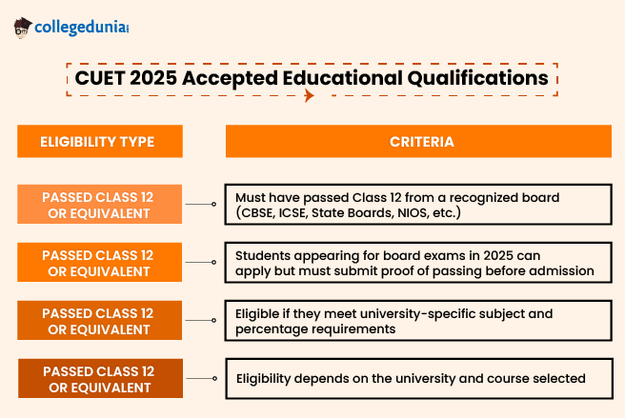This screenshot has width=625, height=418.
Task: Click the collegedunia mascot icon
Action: coord(23,28)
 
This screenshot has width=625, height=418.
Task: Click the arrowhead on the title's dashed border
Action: coord(307,96)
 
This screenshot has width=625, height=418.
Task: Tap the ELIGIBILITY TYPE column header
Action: coord(97,142)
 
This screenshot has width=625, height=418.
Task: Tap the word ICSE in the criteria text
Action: coord(300,212)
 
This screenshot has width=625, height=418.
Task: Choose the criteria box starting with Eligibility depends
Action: coord(418,379)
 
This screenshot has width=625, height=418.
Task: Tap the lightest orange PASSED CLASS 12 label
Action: coord(98,205)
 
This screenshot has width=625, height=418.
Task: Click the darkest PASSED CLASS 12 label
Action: coord(98,379)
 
